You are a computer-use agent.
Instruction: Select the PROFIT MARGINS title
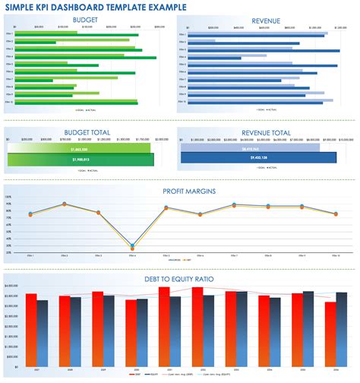click(180, 190)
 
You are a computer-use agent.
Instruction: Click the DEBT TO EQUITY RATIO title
click(180, 279)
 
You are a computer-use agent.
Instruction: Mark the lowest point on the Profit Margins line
click(132, 246)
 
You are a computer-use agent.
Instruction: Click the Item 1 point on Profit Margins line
click(30, 214)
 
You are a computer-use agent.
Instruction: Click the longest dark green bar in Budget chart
click(91, 57)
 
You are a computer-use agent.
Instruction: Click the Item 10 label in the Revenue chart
click(182, 101)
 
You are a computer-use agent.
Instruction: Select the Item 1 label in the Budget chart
click(10, 33)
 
